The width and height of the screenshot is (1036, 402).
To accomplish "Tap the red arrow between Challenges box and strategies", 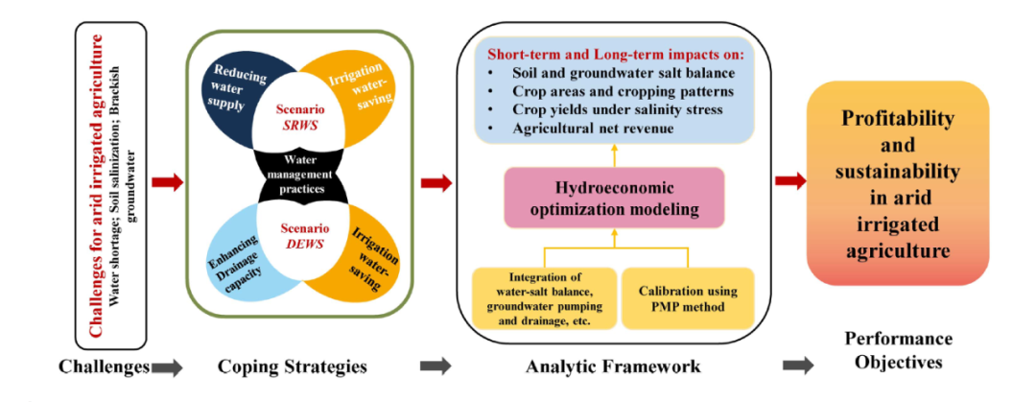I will (165, 181).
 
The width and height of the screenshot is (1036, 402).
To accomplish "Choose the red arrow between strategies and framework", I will (436, 181).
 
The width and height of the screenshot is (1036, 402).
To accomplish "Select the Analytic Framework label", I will (613, 366).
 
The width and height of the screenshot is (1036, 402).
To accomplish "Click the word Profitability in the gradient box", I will (898, 120).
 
